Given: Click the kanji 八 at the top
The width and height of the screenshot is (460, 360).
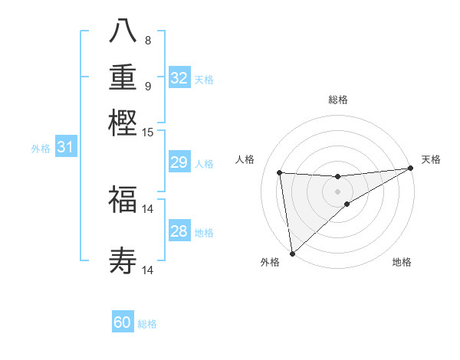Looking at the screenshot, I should [123, 32].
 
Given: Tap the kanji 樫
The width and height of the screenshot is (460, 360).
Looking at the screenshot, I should [123, 123].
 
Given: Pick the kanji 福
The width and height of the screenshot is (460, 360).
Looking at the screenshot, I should [123, 201].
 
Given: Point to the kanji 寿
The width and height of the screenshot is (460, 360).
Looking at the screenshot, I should [123, 262].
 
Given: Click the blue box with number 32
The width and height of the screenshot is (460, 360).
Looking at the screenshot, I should [179, 78].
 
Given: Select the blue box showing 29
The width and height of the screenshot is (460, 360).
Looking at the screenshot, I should [179, 162].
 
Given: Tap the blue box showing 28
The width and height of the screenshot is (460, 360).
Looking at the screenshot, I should [179, 231].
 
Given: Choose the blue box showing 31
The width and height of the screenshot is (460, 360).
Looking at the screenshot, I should [65, 147].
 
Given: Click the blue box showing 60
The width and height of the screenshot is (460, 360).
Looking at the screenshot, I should [123, 322].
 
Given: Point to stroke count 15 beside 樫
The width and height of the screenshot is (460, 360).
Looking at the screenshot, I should [148, 132].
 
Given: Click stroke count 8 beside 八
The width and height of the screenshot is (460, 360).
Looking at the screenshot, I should [148, 40].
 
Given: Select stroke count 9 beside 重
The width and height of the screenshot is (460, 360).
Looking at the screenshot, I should [148, 86].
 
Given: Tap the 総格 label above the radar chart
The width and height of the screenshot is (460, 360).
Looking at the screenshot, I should [337, 100].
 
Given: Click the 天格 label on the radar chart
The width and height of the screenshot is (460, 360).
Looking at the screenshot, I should [432, 159].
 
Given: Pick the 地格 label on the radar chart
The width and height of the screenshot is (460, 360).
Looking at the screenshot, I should [402, 262].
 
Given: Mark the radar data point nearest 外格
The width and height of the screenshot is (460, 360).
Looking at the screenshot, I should [292, 254].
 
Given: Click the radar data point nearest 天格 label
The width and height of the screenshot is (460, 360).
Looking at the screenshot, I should [411, 168].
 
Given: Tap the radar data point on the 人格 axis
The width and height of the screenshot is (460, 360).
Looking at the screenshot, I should [279, 172].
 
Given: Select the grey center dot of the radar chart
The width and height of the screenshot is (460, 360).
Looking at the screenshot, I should [337, 191].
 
